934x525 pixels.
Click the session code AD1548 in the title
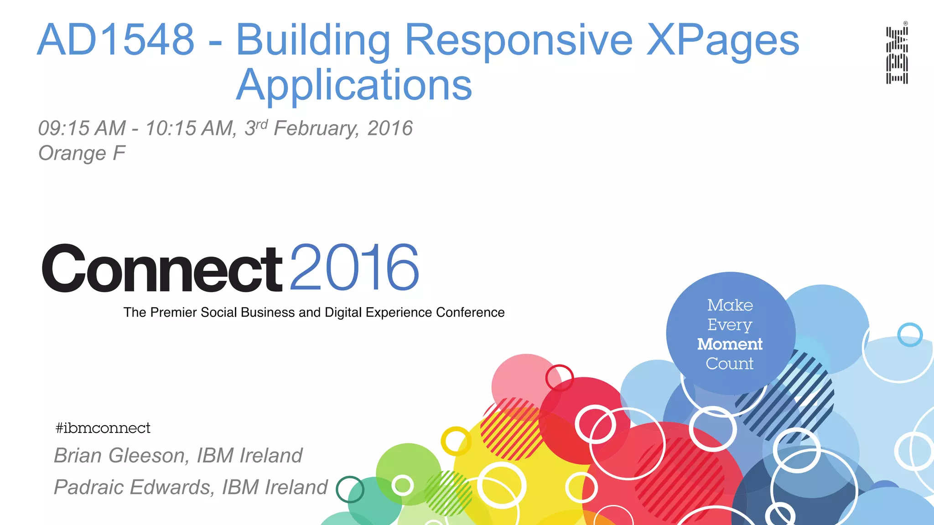116,40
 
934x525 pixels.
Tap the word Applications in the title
354,85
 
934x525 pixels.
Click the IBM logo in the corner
897,55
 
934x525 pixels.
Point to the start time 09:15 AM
82,129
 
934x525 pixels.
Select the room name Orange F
82,154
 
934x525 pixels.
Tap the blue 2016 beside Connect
354,268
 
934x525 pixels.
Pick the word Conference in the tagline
470,313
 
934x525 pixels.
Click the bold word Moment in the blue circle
730,344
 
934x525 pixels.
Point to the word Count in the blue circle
730,364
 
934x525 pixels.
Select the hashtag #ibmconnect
103,428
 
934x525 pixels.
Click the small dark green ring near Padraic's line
350,489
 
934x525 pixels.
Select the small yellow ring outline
456,441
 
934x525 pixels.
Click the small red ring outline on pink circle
559,378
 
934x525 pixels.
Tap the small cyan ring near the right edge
910,335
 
